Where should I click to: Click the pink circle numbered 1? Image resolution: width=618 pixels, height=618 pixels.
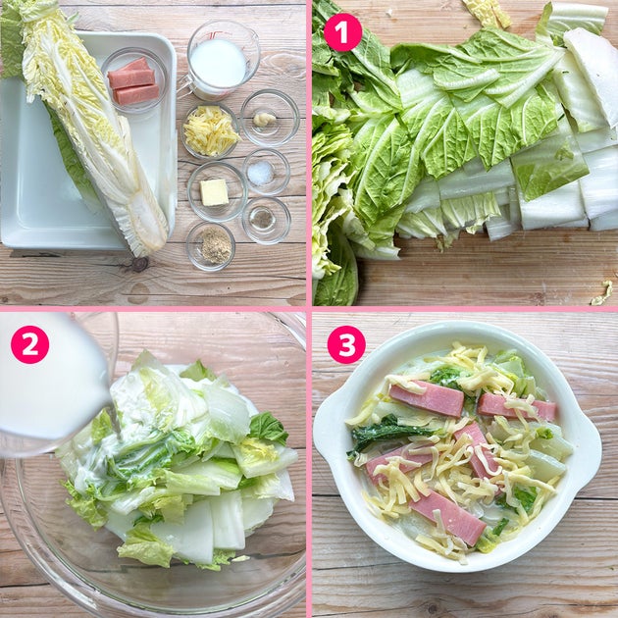[342, 32]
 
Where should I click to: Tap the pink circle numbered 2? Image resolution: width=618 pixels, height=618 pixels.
[30, 344]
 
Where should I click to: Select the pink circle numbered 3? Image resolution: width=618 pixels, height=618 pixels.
[346, 344]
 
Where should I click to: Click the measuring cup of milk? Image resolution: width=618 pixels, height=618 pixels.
[218, 61]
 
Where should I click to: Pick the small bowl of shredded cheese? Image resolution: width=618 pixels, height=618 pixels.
[211, 130]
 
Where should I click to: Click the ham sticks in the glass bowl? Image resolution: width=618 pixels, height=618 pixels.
[133, 81]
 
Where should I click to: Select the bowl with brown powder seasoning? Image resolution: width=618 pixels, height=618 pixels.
[211, 246]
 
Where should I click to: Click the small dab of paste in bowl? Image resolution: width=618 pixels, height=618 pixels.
[264, 119]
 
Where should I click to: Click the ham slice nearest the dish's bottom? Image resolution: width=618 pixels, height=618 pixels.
[447, 516]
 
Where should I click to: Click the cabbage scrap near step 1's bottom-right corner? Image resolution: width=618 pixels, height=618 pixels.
[602, 293]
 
